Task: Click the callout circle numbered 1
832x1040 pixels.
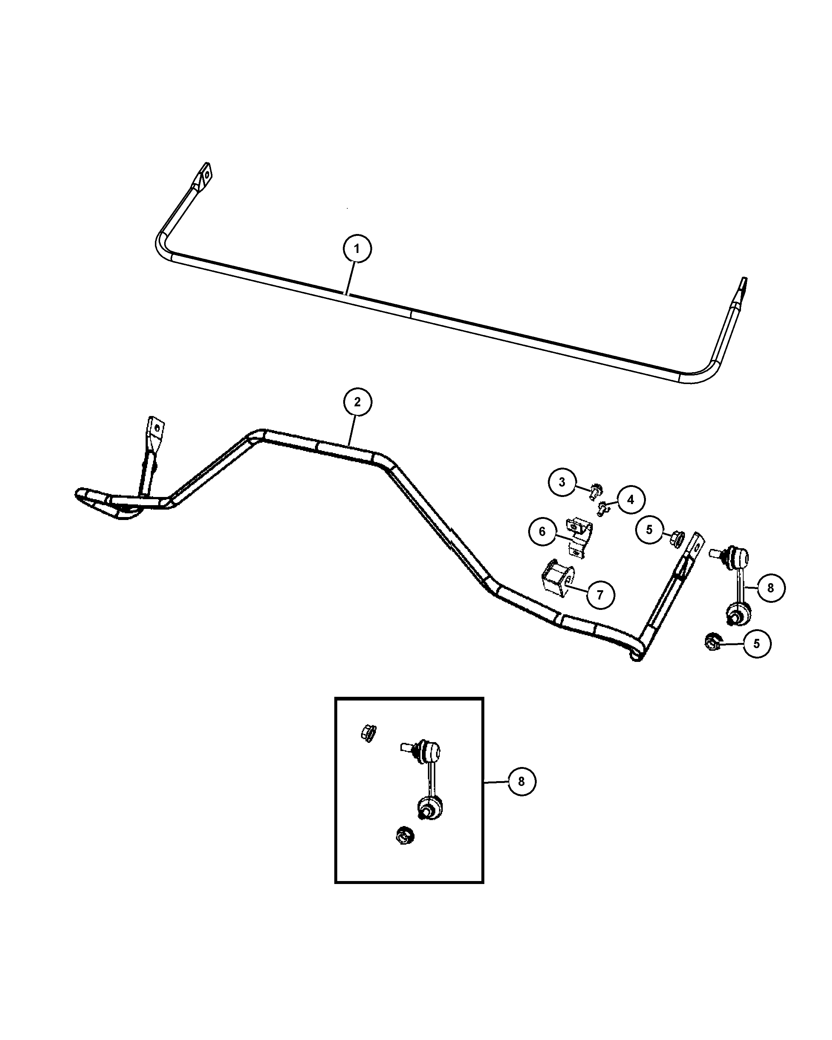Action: (357, 249)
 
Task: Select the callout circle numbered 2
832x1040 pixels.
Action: (357, 402)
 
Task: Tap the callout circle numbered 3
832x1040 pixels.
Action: (562, 482)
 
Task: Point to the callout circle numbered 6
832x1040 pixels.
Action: (542, 532)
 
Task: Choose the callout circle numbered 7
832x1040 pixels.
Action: (601, 595)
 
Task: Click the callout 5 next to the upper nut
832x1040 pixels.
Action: (649, 530)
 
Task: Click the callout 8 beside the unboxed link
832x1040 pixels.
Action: (770, 588)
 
